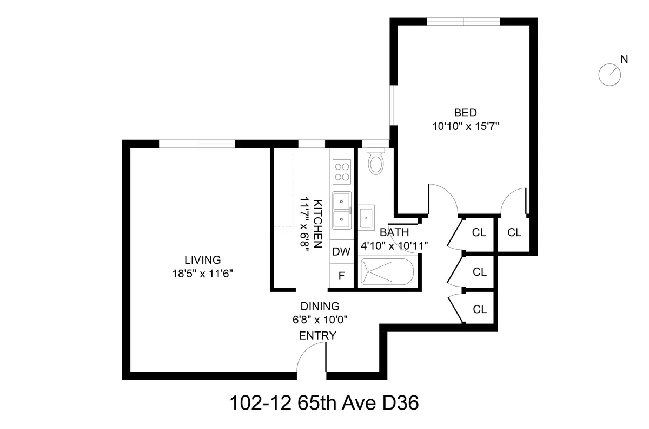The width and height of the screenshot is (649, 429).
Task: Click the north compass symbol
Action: click(x=610, y=74)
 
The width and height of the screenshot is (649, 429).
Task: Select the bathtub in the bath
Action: click(x=387, y=271)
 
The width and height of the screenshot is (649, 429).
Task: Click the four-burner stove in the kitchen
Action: click(x=341, y=171)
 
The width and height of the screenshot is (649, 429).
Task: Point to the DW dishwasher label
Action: click(x=341, y=251)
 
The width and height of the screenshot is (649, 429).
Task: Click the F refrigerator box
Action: click(x=341, y=275)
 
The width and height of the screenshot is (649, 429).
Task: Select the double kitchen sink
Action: click(x=341, y=211)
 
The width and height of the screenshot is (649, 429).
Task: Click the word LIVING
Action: click(x=202, y=259)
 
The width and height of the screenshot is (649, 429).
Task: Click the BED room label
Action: click(x=465, y=113)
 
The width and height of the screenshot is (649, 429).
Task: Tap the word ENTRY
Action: click(x=317, y=336)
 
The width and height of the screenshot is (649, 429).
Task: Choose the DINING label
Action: click(x=320, y=306)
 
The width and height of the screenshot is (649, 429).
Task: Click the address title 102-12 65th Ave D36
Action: click(x=325, y=403)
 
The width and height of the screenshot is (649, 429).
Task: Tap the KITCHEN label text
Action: click(x=319, y=223)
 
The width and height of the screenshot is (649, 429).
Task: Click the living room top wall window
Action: click(x=197, y=144)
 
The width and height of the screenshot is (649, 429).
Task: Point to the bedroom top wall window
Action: click(x=463, y=22)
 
